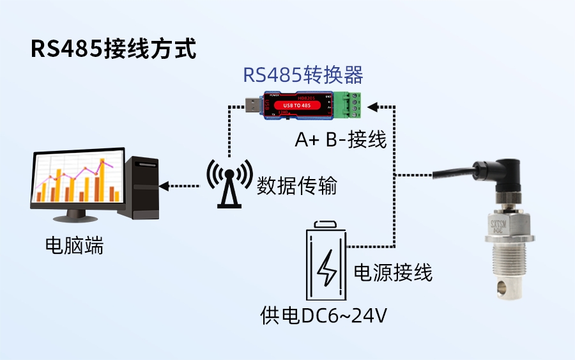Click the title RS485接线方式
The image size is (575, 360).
coord(114,50)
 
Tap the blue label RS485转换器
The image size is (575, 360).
coord(303,75)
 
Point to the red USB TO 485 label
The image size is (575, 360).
coord(296,105)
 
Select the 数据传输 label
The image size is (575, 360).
coord(296,186)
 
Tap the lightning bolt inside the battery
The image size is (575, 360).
coord(328,269)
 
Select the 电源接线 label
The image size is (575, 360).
coord(393,272)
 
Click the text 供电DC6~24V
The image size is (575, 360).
coord(324,316)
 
